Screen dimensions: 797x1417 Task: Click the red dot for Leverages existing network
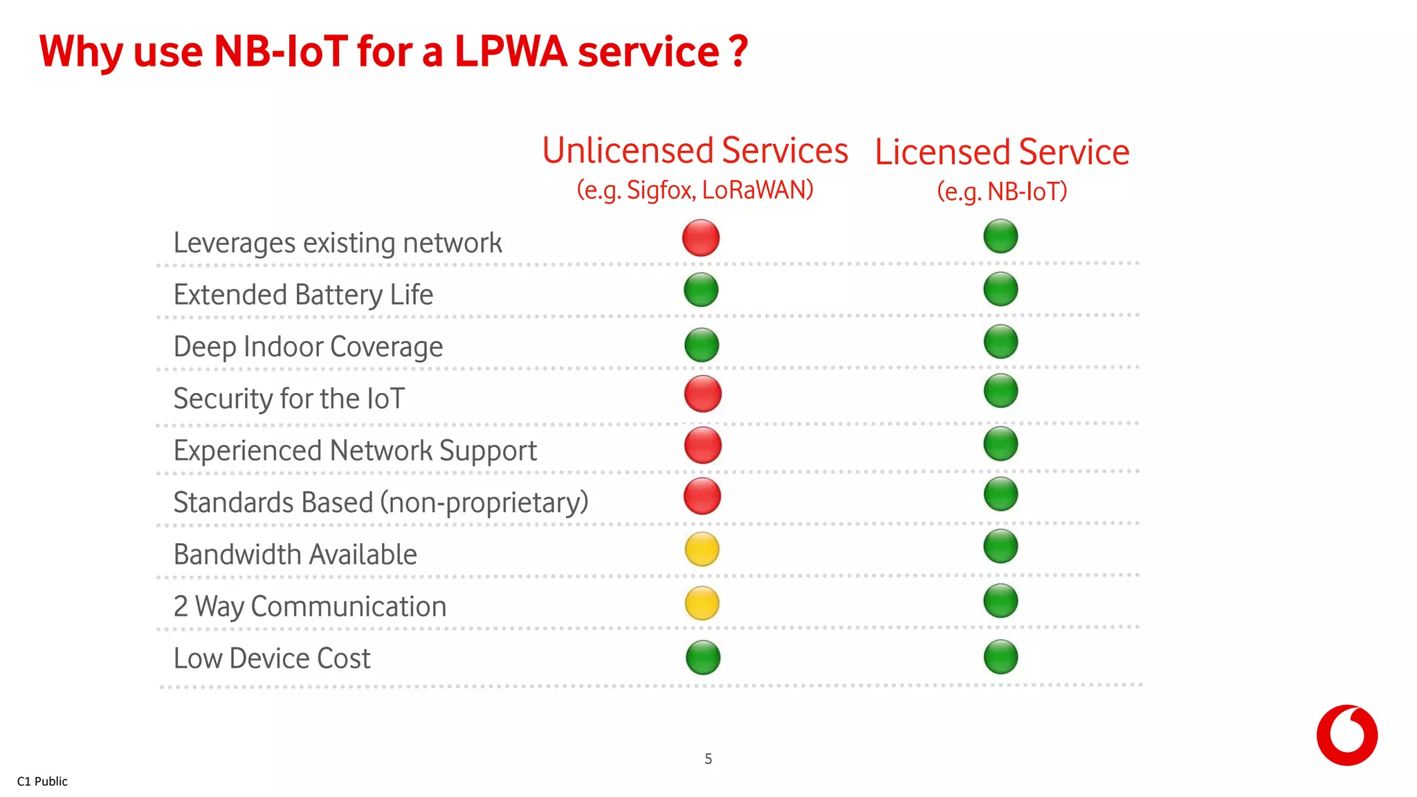point(701,238)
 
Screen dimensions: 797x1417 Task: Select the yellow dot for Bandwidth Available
point(702,549)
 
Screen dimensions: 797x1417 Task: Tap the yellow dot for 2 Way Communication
point(702,603)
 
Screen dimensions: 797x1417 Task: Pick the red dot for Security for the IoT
point(703,394)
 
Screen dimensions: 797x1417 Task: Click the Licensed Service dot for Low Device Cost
point(1000,657)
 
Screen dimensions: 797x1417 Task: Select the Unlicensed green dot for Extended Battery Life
point(701,290)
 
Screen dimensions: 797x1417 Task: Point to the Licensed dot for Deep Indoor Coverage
point(1000,342)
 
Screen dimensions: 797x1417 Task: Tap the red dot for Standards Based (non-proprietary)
point(702,496)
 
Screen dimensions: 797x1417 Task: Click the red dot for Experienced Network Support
point(703,445)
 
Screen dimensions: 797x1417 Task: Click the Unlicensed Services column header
point(695,151)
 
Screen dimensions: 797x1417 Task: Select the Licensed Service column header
point(1002,152)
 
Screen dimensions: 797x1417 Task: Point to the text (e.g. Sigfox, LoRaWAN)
point(695,190)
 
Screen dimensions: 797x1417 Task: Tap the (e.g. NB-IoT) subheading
point(1002,192)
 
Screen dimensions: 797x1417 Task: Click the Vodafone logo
point(1346,735)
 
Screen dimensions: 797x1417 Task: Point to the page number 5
point(708,759)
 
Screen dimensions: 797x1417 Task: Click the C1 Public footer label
point(42,781)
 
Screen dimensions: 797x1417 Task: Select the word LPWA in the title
point(511,52)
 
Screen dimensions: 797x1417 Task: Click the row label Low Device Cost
point(272,658)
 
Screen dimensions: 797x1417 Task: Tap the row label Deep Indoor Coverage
point(308,347)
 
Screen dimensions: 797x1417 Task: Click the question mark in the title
point(738,52)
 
